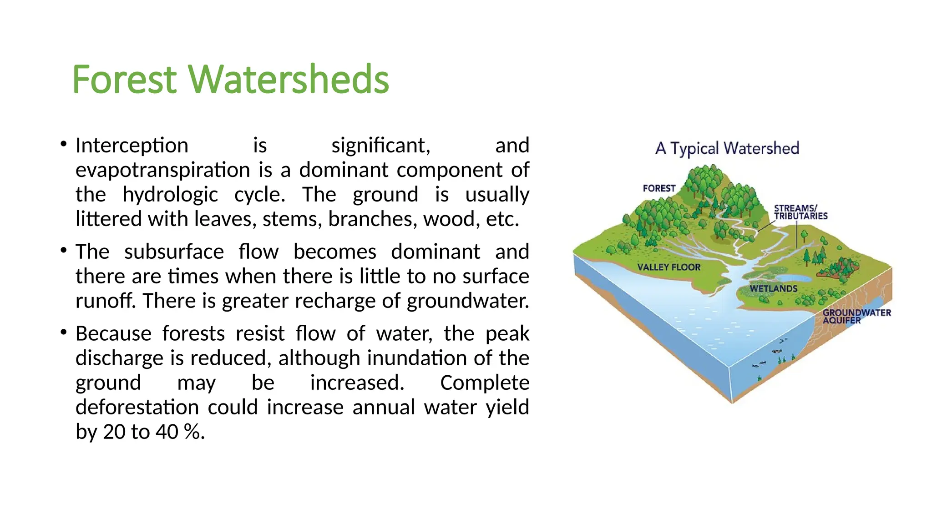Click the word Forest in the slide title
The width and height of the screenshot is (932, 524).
tap(124, 80)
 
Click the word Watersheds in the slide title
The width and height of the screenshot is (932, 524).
tap(289, 80)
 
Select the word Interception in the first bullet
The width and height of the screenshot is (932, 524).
tap(132, 146)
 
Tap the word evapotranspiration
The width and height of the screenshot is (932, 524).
tap(162, 171)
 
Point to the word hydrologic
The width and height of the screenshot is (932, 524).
tap(170, 195)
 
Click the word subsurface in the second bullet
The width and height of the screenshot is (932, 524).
tap(174, 252)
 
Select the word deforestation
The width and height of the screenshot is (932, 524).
tap(137, 408)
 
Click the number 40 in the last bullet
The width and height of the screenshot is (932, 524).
tap(167, 432)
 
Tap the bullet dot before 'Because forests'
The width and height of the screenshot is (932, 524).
tap(64, 333)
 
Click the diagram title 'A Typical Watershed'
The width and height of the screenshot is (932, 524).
tap(727, 148)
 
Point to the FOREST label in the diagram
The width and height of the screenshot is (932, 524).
tap(659, 188)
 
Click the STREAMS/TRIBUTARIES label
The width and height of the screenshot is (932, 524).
tap(800, 212)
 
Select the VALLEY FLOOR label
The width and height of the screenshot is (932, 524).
tap(669, 267)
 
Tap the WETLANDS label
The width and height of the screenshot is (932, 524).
tap(773, 289)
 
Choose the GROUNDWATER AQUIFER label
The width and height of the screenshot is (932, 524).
tap(856, 316)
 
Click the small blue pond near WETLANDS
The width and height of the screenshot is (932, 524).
tap(794, 278)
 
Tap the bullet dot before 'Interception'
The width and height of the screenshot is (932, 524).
tap(64, 145)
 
